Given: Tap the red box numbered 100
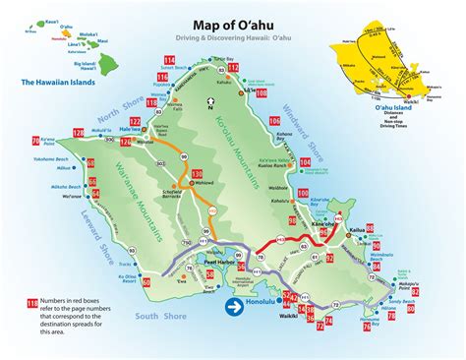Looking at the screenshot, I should pos(302,193).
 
